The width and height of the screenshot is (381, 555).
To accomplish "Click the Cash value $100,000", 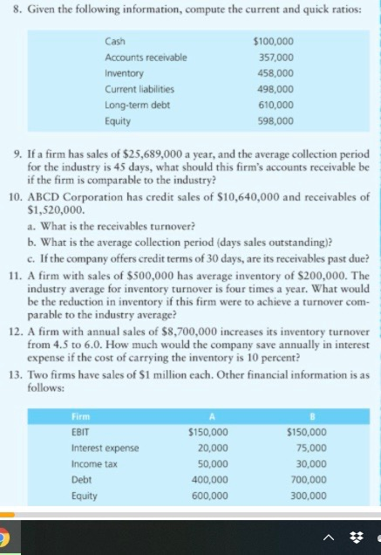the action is (272, 42).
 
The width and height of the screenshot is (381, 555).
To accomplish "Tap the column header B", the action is (308, 415).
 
